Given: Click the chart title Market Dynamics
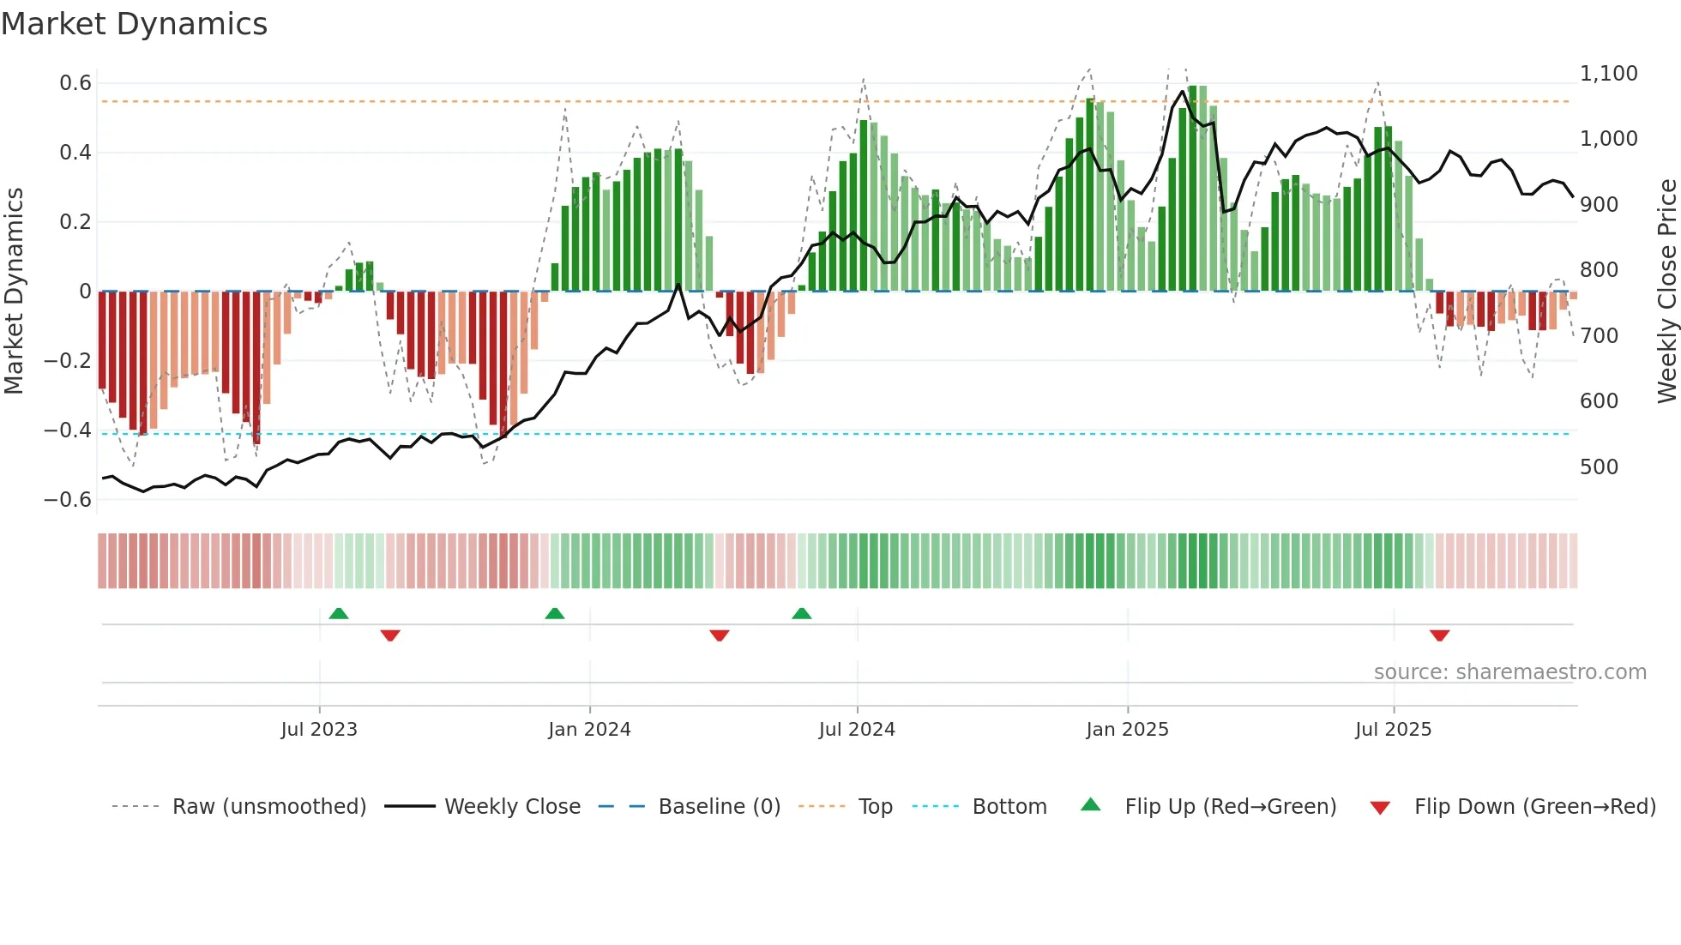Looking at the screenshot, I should tap(134, 24).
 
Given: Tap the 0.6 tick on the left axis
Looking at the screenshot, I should tap(75, 83).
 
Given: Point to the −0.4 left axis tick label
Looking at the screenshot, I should tap(68, 430).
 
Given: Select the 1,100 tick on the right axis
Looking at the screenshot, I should tap(1608, 74).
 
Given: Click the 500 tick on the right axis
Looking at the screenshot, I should tap(1599, 467).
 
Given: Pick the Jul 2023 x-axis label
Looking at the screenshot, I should tap(319, 730).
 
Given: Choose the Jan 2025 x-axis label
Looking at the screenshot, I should tap(1127, 730).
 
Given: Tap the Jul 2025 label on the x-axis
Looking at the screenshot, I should tap(1393, 730).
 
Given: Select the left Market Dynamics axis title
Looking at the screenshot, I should tap(15, 292).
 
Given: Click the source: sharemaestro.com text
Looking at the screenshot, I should tap(1509, 672).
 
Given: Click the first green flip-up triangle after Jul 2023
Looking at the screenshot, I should tap(339, 613).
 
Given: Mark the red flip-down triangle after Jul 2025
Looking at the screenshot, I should tap(1439, 635).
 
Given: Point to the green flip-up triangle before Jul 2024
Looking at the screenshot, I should tap(801, 613).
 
